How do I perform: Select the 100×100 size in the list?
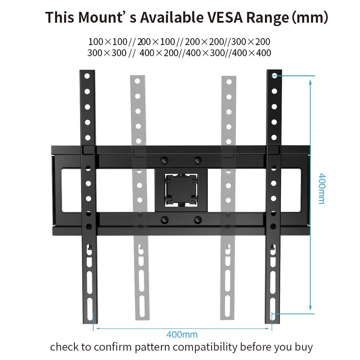(x=107, y=41)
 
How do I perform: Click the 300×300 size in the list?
(x=107, y=53)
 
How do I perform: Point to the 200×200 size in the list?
(x=204, y=41)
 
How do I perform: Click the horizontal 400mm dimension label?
(x=182, y=334)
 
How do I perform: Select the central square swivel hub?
(x=181, y=190)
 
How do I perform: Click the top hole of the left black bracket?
(x=87, y=76)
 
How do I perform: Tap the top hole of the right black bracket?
(x=274, y=76)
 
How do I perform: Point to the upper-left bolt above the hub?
(x=165, y=159)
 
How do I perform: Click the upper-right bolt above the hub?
(x=197, y=159)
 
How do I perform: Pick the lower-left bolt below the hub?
(x=165, y=219)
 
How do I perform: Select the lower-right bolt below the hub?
(x=197, y=219)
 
